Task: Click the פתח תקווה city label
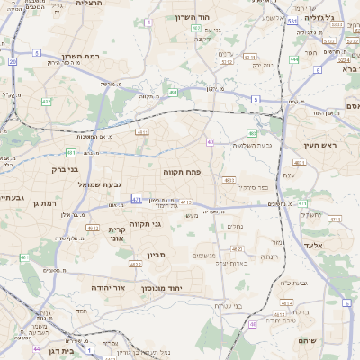[x=181, y=171]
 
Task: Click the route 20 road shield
[x=13, y=61]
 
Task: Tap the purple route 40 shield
[x=210, y=141]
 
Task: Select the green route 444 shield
[x=294, y=59]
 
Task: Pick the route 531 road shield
[x=292, y=19]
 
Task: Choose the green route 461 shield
[x=24, y=258]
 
